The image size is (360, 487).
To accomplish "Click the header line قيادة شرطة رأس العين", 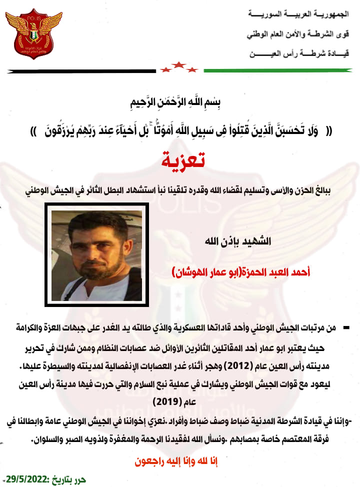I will coord(299,53).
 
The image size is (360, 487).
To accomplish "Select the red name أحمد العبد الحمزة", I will coord(274,272).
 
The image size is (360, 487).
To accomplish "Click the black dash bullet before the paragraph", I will coord(346,327).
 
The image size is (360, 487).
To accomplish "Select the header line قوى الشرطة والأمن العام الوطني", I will coord(298,34).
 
